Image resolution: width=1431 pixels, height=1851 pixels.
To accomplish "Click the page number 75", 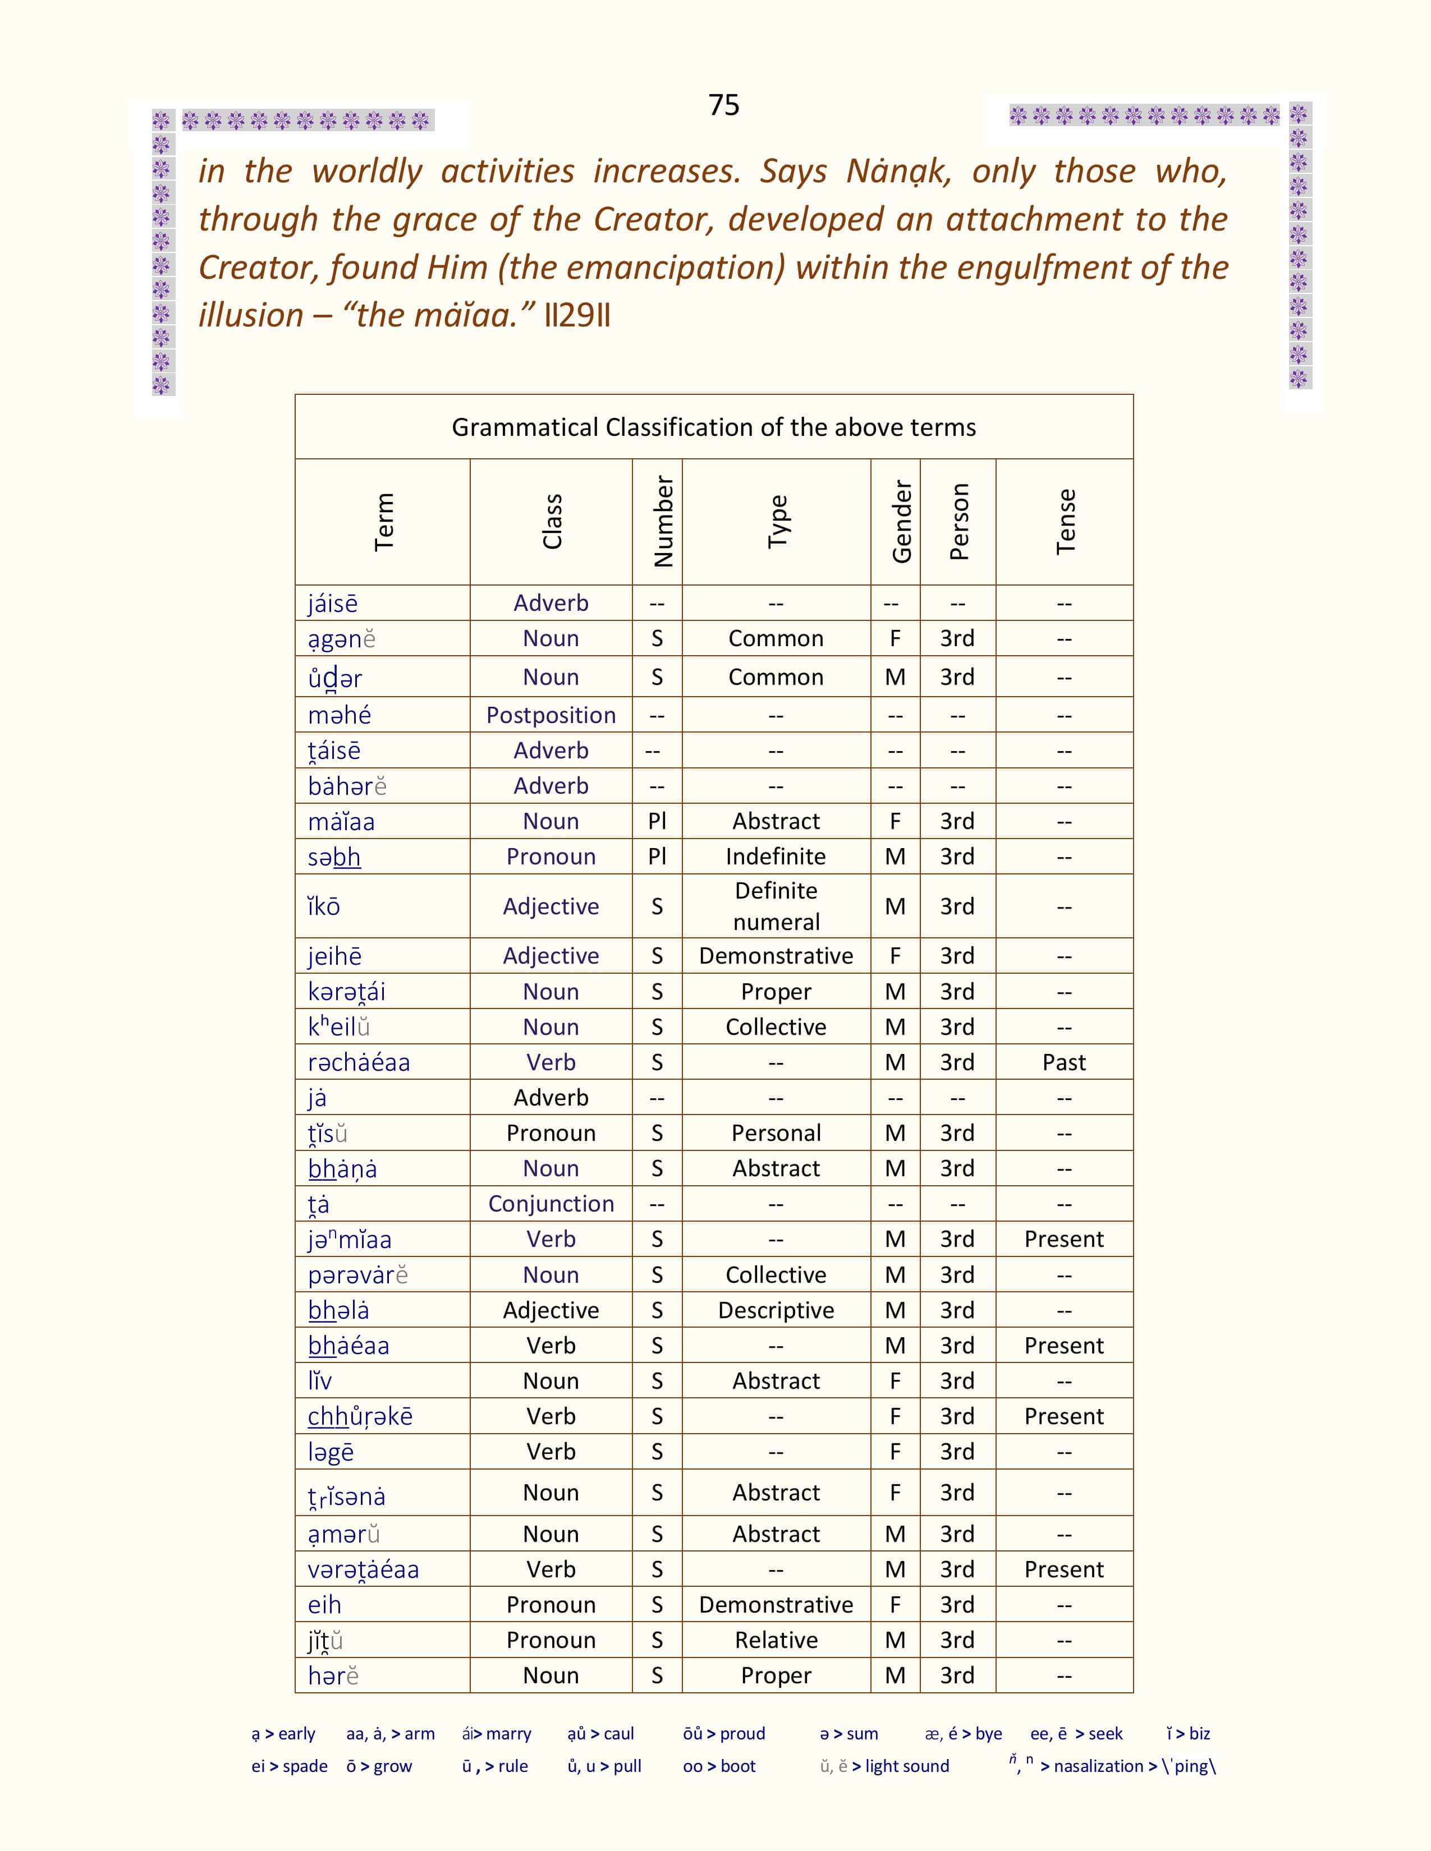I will coord(723,105).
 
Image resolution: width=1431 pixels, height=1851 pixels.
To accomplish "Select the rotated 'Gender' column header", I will coord(901,521).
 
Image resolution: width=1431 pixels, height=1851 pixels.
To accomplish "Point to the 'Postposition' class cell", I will coord(551,715).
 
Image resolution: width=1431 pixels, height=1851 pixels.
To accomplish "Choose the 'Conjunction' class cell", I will coord(551,1204).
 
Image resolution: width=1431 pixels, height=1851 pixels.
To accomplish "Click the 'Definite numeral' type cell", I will coord(776,906).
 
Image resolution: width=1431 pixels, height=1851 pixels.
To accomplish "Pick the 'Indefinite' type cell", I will coord(776,856).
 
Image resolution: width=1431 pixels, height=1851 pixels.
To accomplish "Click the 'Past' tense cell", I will coord(1064,1062).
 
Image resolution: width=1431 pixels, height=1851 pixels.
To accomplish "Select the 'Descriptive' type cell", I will coord(776,1310).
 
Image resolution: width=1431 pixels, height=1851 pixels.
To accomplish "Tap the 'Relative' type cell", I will coord(776,1640).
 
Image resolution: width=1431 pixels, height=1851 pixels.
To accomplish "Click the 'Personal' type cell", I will coord(776,1133).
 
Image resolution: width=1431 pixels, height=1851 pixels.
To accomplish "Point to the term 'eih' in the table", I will coord(325,1604).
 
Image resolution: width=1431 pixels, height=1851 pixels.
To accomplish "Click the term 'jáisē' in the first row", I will coord(332,604).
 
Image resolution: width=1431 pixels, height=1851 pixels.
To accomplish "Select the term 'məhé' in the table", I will coord(339,715).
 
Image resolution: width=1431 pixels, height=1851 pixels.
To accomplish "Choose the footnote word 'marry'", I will coord(508,1734).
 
